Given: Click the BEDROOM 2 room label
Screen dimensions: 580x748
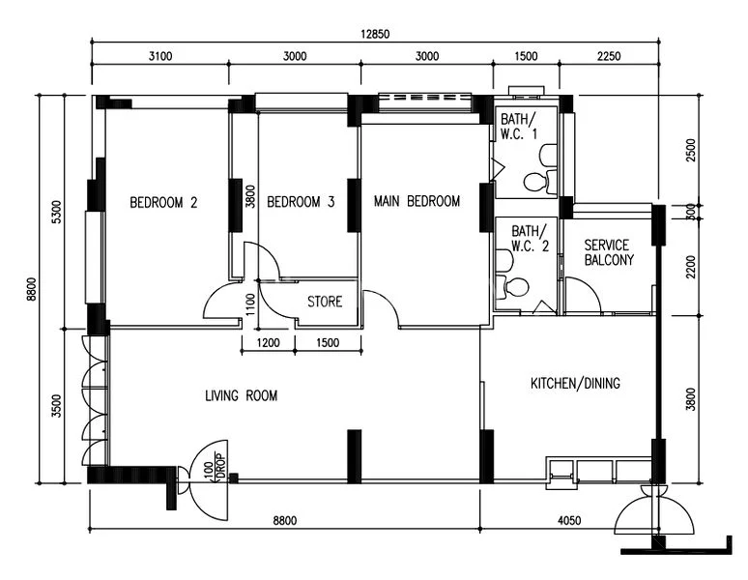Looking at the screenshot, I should [x=164, y=203].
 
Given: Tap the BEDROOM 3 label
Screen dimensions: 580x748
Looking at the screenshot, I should [x=301, y=203].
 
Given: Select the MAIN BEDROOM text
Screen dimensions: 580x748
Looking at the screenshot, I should [x=417, y=202].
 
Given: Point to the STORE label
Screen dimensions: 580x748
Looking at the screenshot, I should [x=325, y=302].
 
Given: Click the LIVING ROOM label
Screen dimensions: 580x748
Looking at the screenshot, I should [x=242, y=395].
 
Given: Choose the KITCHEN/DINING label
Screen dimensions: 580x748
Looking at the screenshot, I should [x=576, y=384].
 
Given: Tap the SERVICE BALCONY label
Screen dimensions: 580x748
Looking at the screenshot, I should [x=609, y=252].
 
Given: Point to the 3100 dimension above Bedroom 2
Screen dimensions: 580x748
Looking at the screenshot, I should [x=160, y=56].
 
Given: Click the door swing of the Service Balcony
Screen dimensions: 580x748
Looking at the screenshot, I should [x=580, y=295].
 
